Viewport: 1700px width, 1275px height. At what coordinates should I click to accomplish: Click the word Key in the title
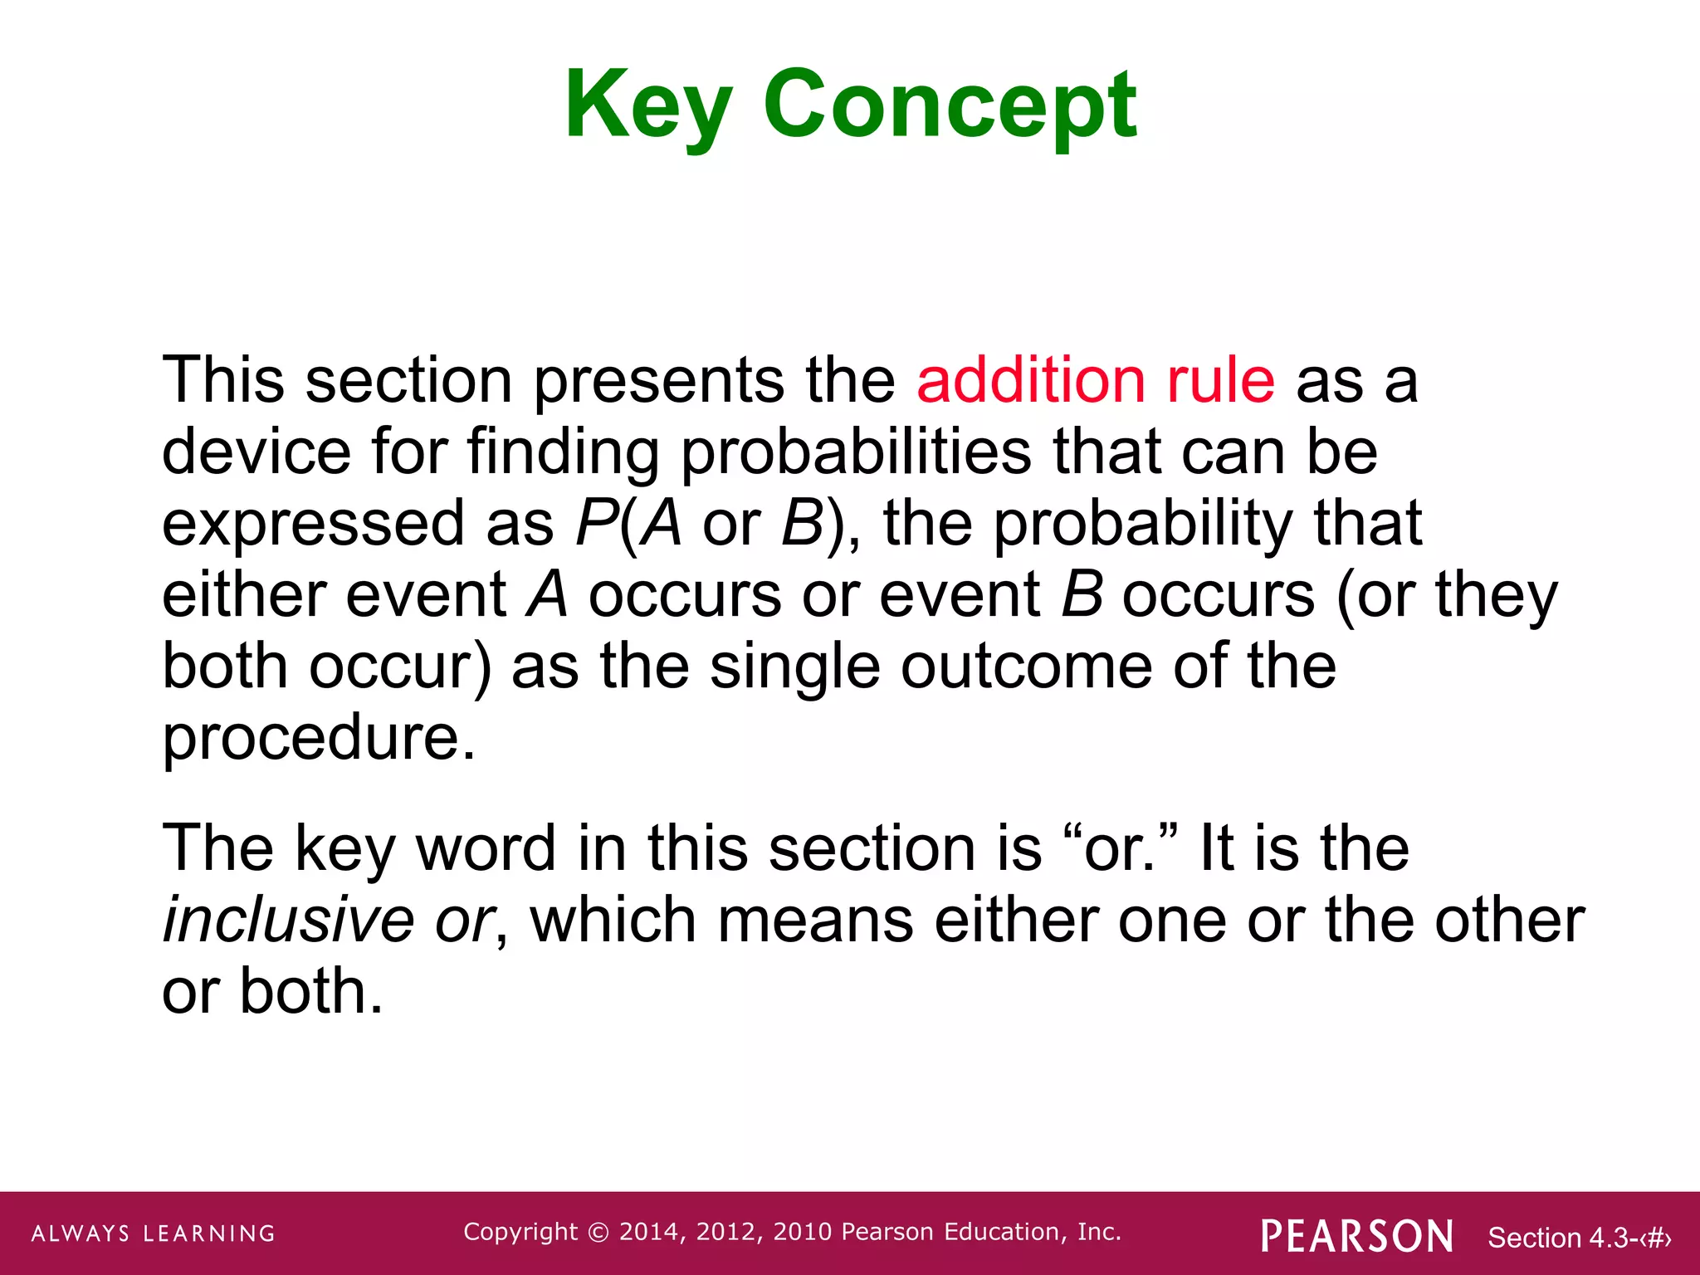(648, 106)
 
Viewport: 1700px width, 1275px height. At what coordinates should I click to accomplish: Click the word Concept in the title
(950, 106)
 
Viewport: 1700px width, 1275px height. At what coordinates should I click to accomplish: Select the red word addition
(1031, 380)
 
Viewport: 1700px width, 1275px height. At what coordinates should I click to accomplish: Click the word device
(256, 452)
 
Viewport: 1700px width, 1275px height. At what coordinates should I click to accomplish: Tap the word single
(794, 667)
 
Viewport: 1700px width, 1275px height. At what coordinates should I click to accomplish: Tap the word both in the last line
(311, 991)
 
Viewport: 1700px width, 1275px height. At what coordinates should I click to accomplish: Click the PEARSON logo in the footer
(1357, 1236)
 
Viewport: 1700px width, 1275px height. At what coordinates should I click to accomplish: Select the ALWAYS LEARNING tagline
(154, 1233)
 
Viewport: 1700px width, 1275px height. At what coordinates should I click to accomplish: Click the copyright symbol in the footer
(598, 1233)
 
